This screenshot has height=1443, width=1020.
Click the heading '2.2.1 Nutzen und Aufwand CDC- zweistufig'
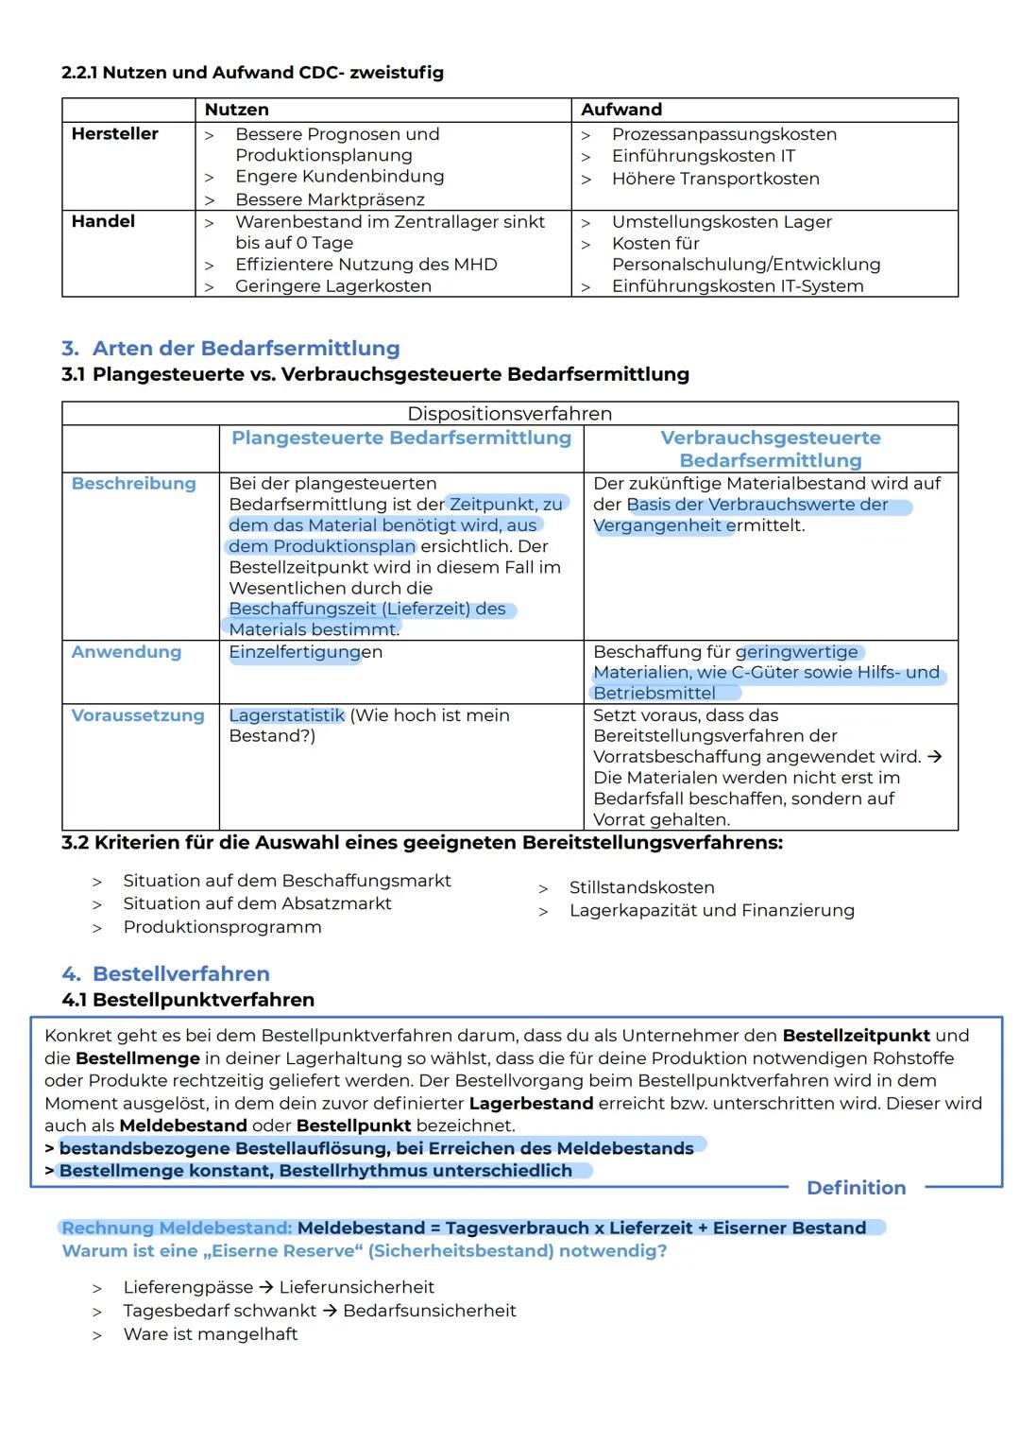point(252,73)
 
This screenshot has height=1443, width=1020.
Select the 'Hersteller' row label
point(114,134)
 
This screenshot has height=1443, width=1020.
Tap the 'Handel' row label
point(103,221)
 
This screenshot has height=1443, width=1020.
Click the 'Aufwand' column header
point(620,110)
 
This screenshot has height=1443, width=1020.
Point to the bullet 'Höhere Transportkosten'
point(715,179)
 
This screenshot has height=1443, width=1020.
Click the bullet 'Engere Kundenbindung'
point(339,177)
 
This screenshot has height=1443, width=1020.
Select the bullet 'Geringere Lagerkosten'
point(332,286)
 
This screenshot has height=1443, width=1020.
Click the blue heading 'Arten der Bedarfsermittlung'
point(246,348)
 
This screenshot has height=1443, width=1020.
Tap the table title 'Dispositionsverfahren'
point(509,414)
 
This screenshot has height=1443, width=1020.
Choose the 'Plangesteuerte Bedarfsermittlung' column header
point(401,438)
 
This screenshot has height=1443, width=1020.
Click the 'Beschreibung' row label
point(133,484)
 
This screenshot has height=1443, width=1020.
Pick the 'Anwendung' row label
point(126,652)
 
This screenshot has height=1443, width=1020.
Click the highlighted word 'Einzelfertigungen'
point(305,652)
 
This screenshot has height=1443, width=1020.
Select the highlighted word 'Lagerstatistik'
point(286,715)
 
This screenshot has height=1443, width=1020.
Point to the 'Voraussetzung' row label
point(137,715)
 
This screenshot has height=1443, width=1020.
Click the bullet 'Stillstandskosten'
point(641,887)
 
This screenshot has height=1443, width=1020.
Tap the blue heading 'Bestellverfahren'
point(180,973)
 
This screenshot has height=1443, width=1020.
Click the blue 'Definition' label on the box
point(856,1188)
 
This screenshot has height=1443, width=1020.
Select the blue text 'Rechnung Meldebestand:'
point(177,1228)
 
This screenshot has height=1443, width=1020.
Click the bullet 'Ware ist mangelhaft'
point(210,1334)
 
